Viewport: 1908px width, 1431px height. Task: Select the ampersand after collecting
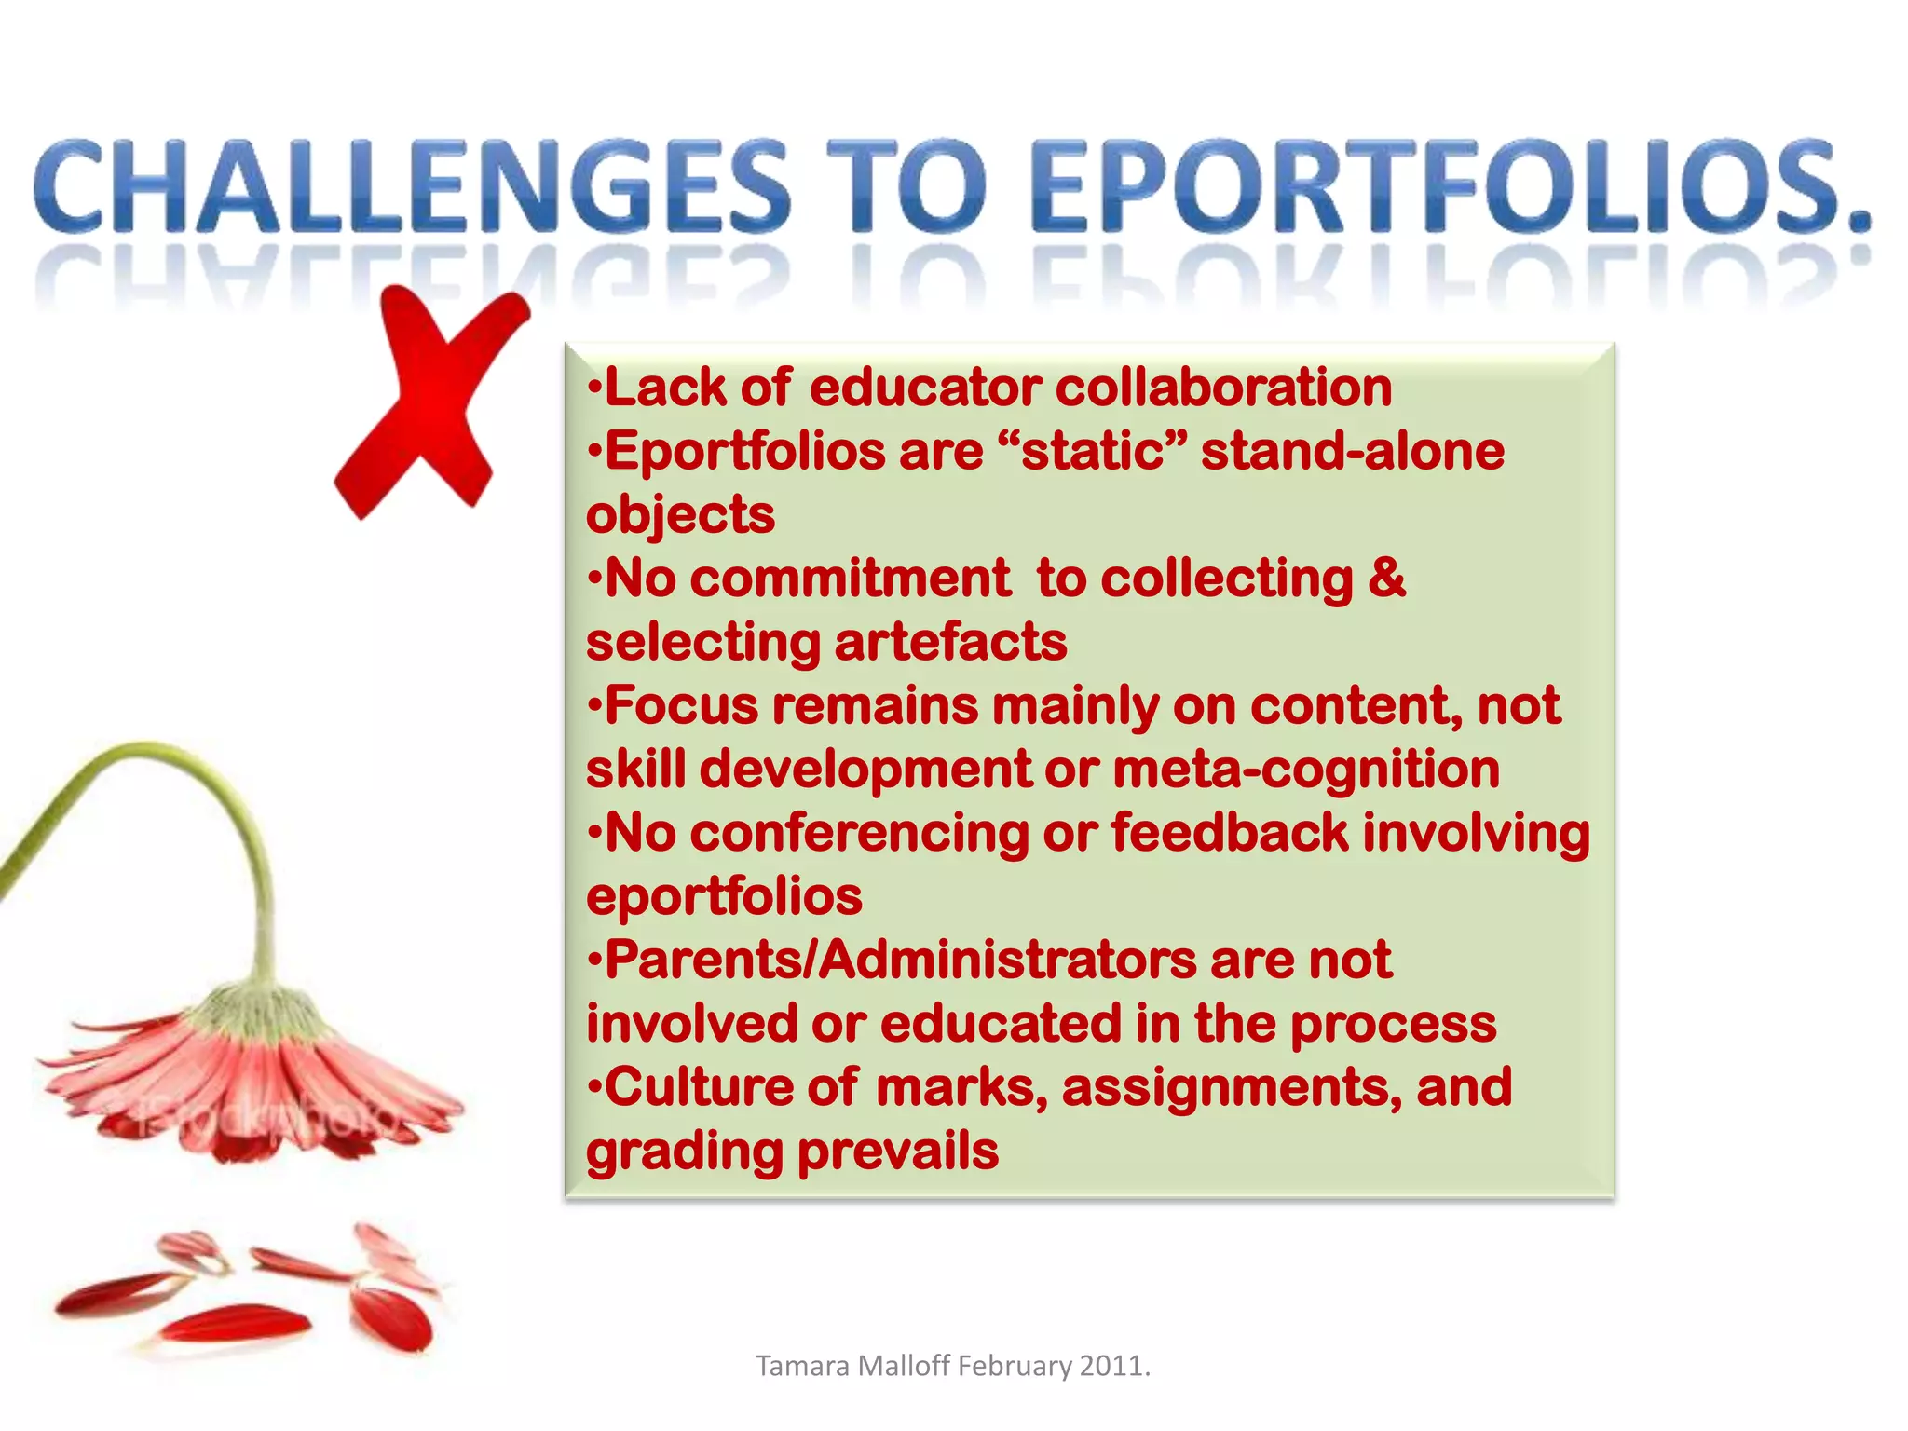[x=1387, y=579]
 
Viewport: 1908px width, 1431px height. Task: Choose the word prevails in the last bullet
[x=898, y=1152]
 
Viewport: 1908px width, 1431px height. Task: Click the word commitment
[x=850, y=579]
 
